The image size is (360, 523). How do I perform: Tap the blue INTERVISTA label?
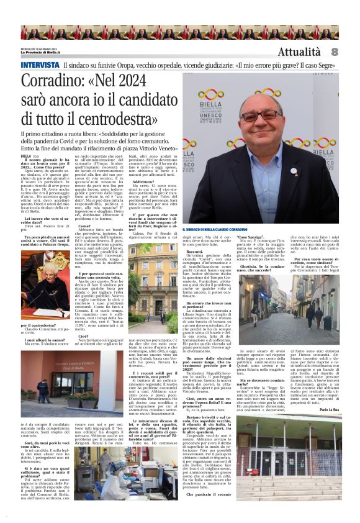[x=40, y=65]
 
